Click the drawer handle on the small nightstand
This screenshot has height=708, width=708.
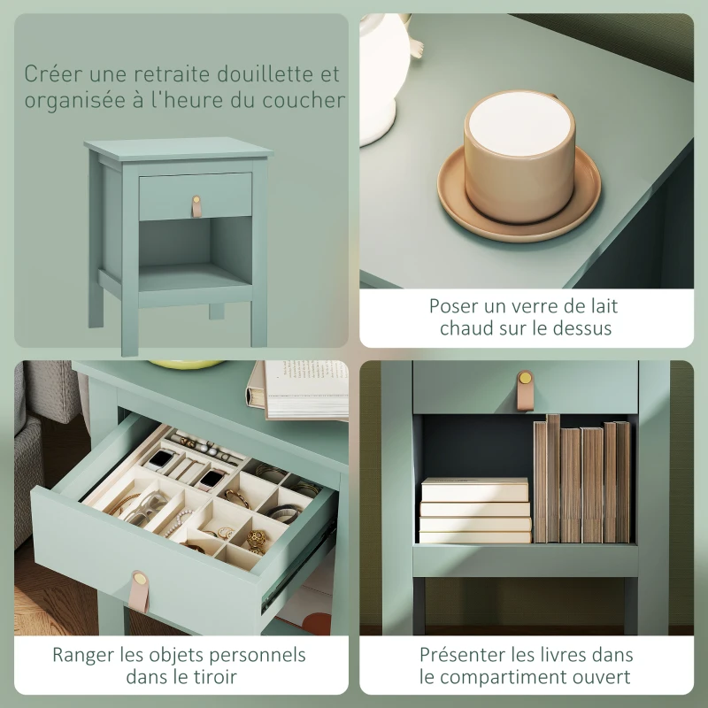[196, 205]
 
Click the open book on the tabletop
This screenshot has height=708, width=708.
[301, 389]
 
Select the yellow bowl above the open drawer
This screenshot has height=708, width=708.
[186, 364]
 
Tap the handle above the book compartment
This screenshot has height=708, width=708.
[525, 389]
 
